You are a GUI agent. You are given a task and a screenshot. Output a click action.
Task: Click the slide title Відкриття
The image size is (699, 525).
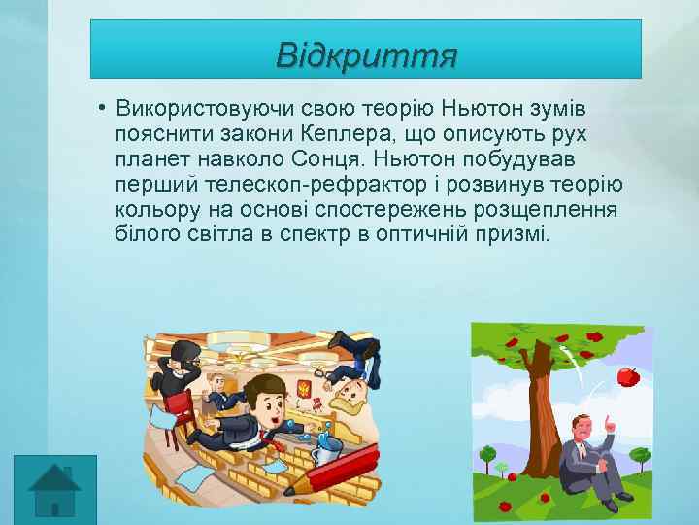[366, 53]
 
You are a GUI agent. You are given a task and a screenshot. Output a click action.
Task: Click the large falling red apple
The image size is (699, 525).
[628, 375]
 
